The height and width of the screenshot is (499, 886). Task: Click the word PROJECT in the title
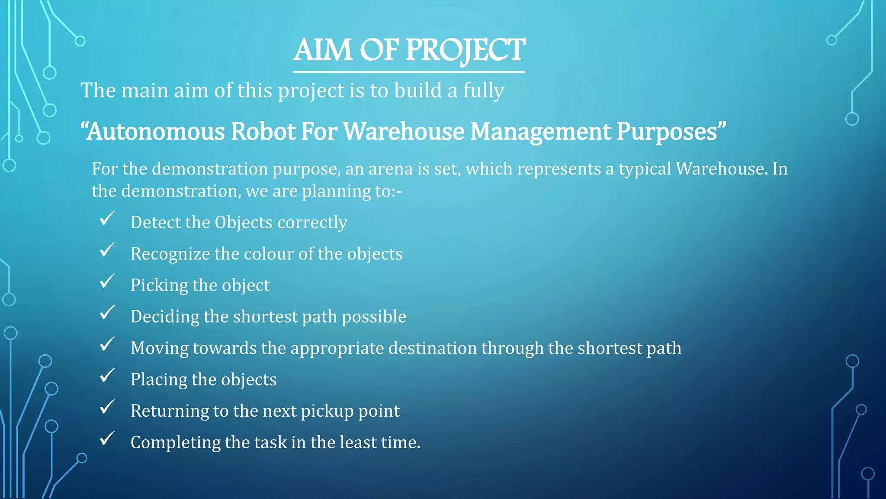(465, 50)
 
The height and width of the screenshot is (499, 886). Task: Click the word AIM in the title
(323, 50)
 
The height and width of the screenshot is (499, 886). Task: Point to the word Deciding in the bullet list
(165, 317)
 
